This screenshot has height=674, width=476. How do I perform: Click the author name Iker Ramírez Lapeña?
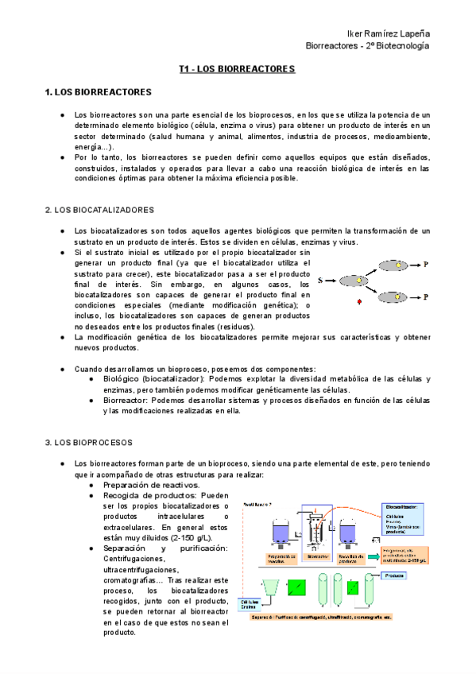click(x=389, y=33)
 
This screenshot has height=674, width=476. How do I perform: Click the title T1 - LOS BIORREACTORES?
click(x=238, y=70)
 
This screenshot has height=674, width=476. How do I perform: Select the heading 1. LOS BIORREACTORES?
click(x=99, y=93)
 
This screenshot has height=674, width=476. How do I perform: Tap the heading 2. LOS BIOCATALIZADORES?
click(x=99, y=210)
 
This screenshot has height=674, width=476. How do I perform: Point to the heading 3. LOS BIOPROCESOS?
click(x=88, y=442)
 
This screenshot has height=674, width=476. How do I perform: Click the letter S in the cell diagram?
click(x=321, y=281)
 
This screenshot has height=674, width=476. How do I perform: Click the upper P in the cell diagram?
click(x=426, y=265)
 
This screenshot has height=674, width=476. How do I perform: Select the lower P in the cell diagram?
click(x=426, y=296)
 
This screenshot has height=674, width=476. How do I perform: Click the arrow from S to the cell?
click(x=332, y=281)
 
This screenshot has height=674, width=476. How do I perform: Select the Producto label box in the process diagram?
click(x=394, y=575)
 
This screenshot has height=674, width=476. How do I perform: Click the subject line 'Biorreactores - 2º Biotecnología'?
click(x=368, y=46)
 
